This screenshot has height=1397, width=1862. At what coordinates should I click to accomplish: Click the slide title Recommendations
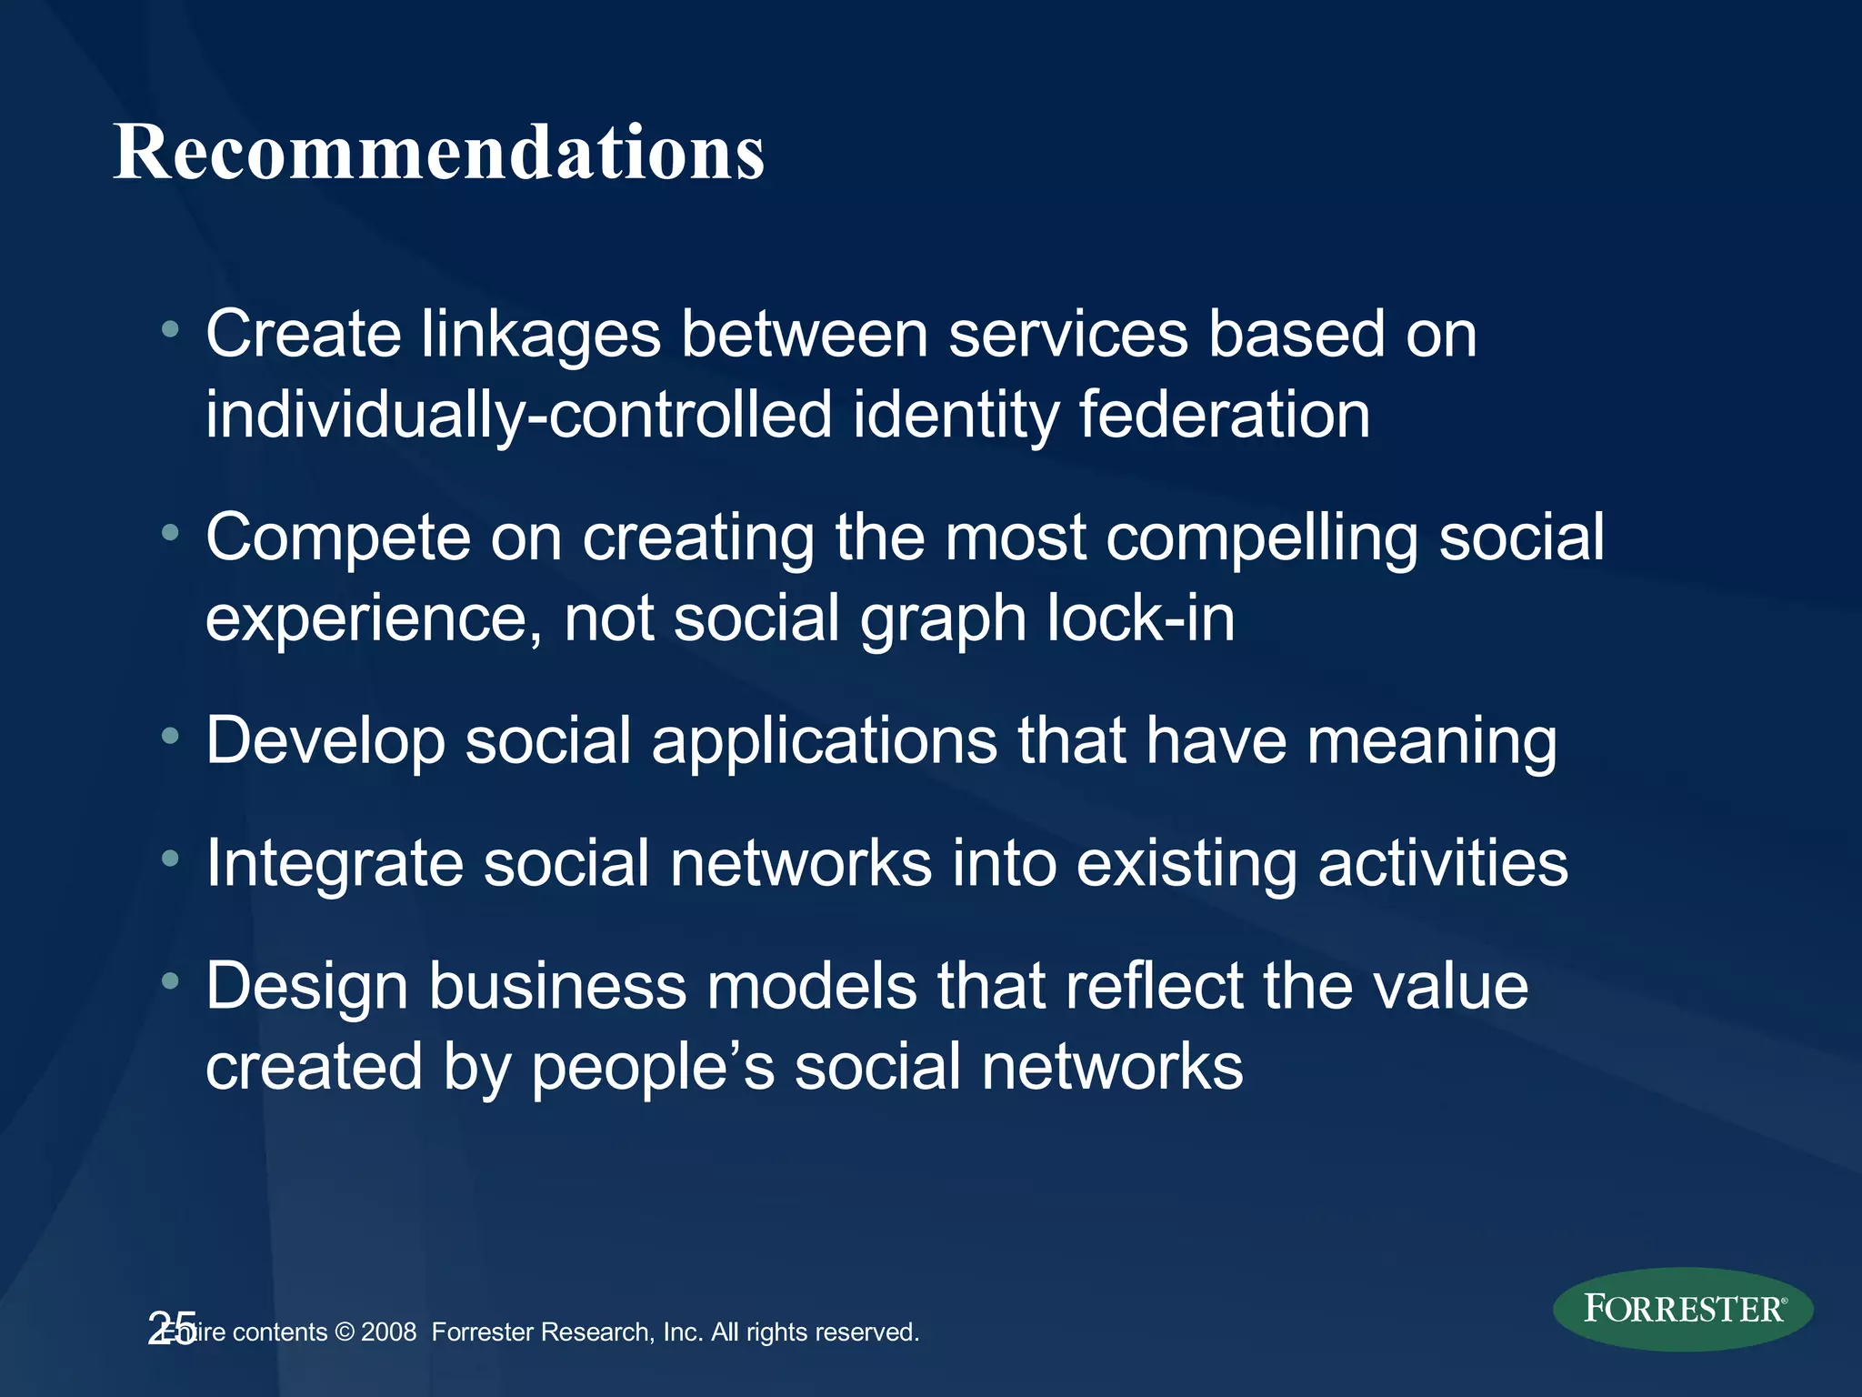[x=438, y=153]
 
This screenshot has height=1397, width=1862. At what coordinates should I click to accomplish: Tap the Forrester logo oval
[x=1683, y=1309]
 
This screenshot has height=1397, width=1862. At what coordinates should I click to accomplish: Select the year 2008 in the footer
[x=388, y=1332]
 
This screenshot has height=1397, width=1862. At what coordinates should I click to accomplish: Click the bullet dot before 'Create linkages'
[x=170, y=329]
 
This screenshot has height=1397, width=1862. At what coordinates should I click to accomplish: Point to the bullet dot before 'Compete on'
[x=170, y=533]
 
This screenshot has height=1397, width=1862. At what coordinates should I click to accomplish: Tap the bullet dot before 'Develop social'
[x=170, y=736]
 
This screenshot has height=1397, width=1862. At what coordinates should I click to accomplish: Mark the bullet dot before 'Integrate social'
[x=170, y=858]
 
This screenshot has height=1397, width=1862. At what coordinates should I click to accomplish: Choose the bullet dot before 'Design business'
[x=170, y=980]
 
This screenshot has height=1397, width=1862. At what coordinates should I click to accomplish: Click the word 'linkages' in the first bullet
[x=540, y=335]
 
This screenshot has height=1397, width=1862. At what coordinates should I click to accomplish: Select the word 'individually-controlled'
[x=518, y=416]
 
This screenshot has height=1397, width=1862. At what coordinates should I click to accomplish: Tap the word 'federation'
[x=1224, y=416]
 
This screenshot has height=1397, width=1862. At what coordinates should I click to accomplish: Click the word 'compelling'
[x=1262, y=538]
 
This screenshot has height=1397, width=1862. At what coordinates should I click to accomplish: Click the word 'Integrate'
[x=334, y=864]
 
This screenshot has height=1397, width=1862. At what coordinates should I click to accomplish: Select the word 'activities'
[x=1443, y=864]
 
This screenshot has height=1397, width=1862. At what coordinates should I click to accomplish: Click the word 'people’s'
[x=653, y=1068]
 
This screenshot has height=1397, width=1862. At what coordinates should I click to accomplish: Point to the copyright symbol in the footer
[x=345, y=1332]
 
